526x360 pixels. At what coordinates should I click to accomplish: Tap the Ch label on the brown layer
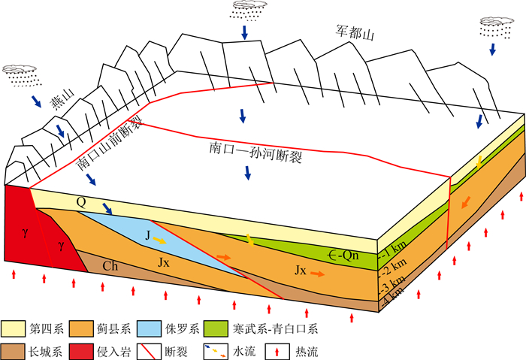tap(110, 265)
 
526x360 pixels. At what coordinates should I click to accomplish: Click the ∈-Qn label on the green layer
tap(341, 256)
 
